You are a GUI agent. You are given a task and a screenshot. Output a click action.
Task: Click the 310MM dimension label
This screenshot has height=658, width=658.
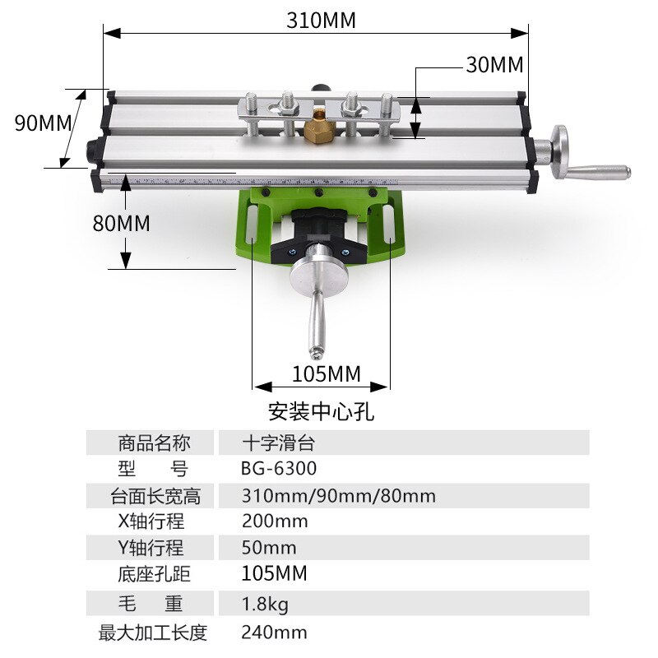coord(321,21)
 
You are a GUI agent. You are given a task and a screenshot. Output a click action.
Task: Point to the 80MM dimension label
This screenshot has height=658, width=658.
coord(121,223)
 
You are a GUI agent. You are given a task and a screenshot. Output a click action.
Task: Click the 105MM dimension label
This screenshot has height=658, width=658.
coord(327,374)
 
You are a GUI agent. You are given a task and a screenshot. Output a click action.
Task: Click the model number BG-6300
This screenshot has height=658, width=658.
coord(279,469)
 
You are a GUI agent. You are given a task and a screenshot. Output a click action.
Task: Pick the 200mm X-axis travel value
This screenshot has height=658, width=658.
coord(275,521)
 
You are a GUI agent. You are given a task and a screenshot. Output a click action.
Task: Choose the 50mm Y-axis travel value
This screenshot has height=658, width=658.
coord(269,548)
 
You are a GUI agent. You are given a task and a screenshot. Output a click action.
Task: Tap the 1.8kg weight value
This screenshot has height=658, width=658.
coord(265,605)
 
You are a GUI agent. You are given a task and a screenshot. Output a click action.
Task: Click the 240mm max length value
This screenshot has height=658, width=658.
coord(274,633)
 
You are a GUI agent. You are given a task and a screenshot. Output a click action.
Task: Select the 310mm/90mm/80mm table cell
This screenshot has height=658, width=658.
coord(338,496)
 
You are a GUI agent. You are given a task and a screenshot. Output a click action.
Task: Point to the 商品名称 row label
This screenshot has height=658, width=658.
coord(154,443)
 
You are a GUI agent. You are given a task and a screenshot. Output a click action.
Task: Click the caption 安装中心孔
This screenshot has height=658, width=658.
coord(321,409)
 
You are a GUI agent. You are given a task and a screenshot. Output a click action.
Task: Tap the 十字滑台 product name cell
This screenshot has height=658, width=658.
coord(278,443)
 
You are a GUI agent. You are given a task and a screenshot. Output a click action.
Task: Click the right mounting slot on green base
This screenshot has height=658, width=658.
coord(387,224)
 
